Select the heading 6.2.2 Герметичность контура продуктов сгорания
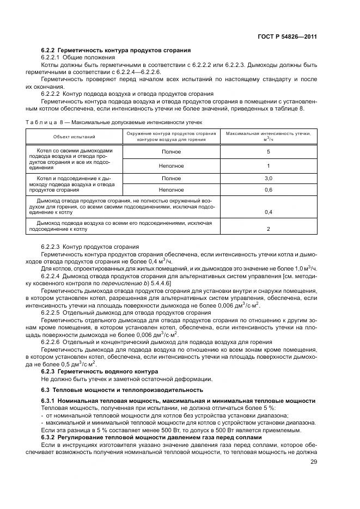pyautogui.click(x=115, y=50)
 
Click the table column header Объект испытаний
pyautogui.click(x=74, y=136)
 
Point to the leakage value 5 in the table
pyautogui.click(x=268, y=152)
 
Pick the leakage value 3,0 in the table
pyautogui.click(x=268, y=178)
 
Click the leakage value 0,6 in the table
pyautogui.click(x=268, y=189)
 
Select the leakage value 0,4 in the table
pyautogui.click(x=268, y=212)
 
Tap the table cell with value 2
pyautogui.click(x=268, y=229)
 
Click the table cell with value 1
pyautogui.click(x=268, y=165)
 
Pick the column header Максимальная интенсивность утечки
pyautogui.click(x=268, y=133)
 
